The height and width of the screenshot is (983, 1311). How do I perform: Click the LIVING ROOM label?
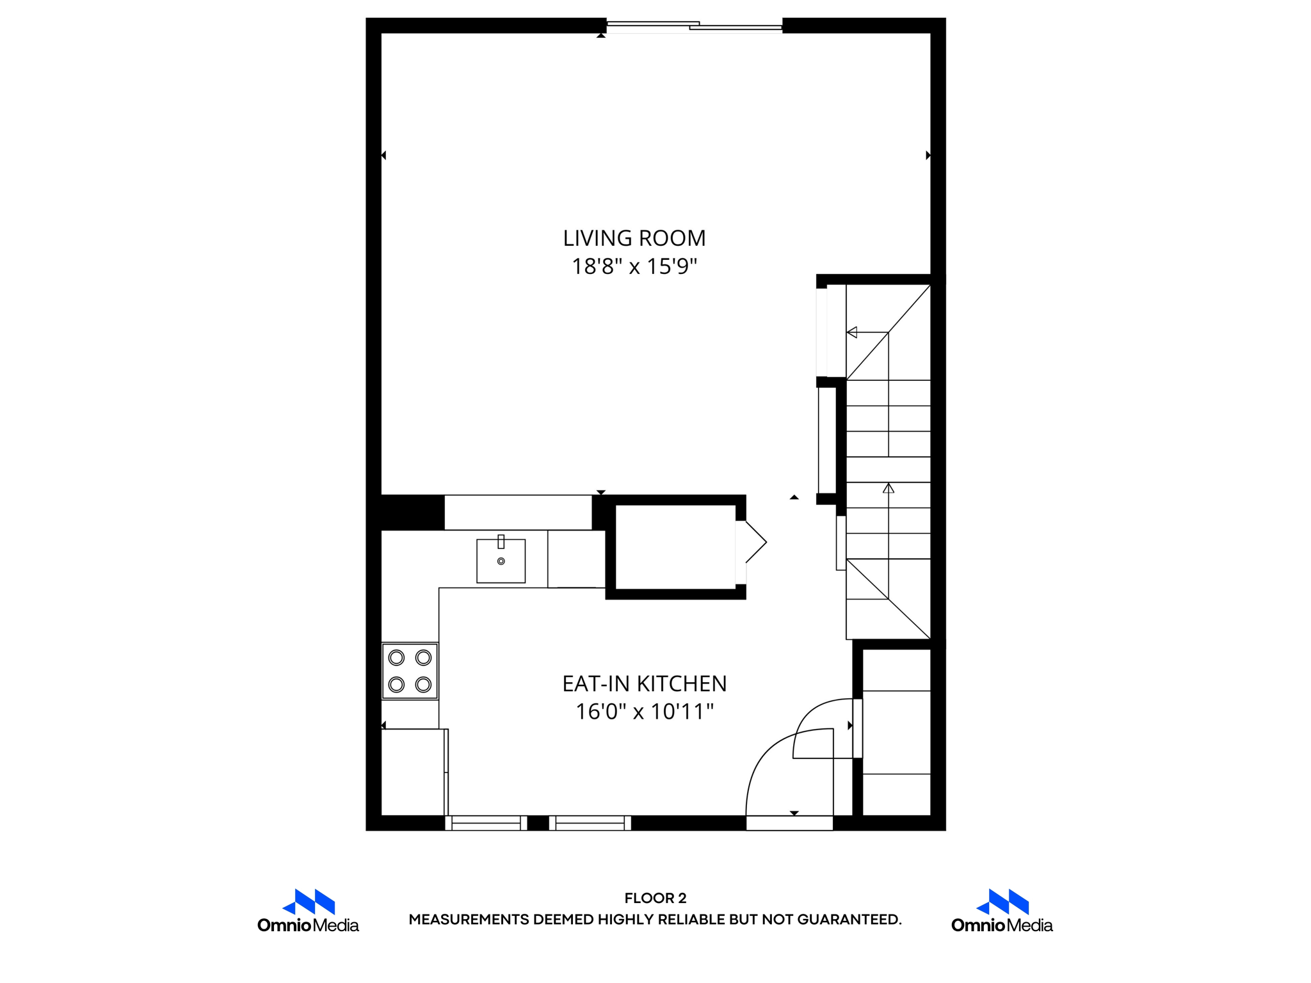coord(634,238)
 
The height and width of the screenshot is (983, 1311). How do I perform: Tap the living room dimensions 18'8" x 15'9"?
coord(634,266)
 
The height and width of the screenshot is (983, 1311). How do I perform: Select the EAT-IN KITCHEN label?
coord(644,683)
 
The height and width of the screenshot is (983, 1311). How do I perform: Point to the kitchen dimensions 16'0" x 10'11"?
coord(644,712)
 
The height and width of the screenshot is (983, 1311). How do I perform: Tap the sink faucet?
coord(501,541)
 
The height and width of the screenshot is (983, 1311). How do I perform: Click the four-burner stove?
coord(410,671)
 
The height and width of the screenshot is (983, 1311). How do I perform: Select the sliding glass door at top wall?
coord(694,26)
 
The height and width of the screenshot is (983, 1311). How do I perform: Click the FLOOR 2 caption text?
coord(655,898)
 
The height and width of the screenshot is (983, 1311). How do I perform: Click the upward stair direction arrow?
coord(888,488)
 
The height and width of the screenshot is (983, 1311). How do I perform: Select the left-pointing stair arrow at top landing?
coord(852,332)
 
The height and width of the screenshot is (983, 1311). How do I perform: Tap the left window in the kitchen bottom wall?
coord(486,823)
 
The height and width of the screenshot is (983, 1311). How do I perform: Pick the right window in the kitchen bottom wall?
coord(590,823)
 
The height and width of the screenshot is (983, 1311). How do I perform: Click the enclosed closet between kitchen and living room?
coord(675,547)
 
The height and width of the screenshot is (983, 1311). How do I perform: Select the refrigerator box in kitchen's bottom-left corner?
coord(413,772)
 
